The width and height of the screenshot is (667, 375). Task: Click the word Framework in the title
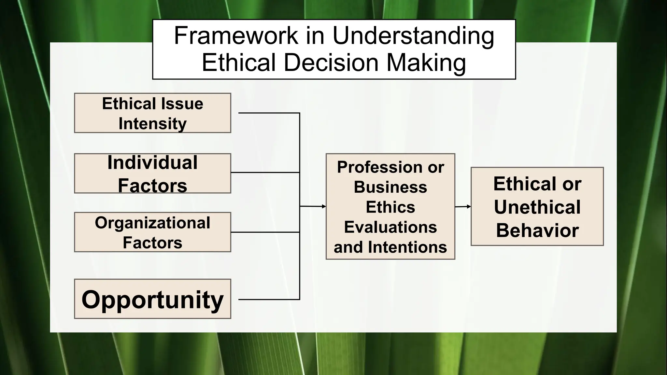(236, 35)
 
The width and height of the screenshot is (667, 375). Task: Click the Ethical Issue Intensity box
(152, 113)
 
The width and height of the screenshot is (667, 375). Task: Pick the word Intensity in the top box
(152, 124)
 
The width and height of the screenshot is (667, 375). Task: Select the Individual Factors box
(152, 174)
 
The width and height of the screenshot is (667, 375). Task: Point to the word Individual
(152, 162)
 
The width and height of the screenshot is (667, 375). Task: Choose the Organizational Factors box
(152, 232)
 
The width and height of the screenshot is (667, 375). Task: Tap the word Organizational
(152, 223)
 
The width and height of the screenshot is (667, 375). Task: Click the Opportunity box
(152, 299)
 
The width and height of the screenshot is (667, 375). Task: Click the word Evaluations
(390, 227)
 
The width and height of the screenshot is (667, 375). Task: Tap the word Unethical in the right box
(537, 207)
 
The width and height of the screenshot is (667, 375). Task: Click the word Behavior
(537, 230)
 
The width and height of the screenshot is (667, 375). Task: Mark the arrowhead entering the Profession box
(324, 206)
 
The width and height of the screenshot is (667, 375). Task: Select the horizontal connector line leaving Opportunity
(269, 299)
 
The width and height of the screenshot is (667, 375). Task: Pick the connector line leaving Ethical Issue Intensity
(269, 113)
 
